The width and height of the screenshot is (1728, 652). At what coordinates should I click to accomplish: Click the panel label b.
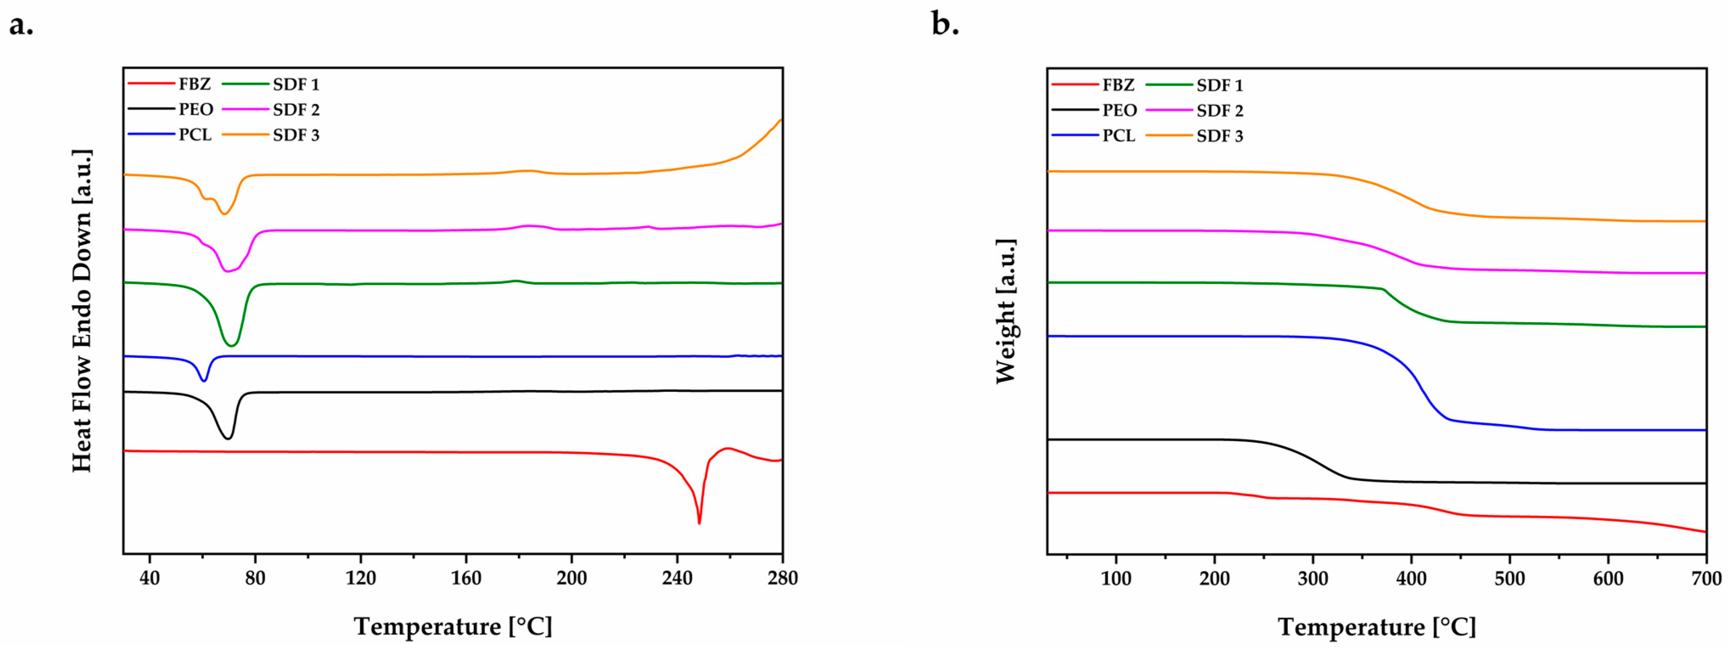[945, 25]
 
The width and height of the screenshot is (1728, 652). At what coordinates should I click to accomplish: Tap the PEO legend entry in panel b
[1119, 111]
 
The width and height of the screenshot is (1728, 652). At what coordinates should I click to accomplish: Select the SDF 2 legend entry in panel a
[296, 110]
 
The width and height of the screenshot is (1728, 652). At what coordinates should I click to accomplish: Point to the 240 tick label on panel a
[677, 578]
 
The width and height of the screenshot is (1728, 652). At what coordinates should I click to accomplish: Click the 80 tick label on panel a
[255, 578]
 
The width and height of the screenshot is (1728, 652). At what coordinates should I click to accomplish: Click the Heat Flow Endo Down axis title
[82, 311]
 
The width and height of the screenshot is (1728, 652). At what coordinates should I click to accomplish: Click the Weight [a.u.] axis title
[1006, 311]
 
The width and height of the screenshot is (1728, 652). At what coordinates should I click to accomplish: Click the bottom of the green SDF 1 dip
[231, 346]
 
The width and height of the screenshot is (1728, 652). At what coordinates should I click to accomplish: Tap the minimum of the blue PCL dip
[204, 381]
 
